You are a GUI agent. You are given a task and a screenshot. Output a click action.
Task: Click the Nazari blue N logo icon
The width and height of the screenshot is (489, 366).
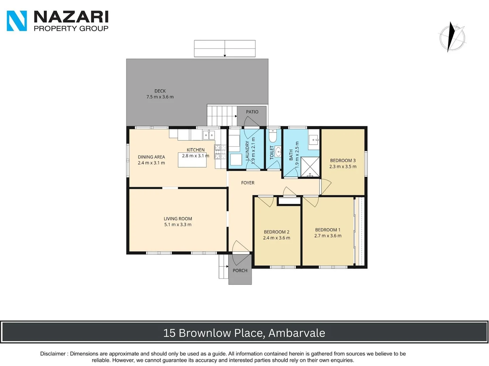click(17, 21)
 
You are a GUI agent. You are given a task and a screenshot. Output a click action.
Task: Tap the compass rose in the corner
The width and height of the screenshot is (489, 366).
click(452, 37)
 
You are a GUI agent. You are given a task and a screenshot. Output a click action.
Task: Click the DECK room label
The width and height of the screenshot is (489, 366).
click(160, 91)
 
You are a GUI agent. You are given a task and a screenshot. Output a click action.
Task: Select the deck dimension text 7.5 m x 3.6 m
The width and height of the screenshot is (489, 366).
click(160, 97)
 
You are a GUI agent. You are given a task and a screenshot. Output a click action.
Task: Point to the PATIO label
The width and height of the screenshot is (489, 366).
click(252, 112)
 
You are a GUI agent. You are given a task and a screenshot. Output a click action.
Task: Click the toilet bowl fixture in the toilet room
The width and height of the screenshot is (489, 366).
click(273, 136)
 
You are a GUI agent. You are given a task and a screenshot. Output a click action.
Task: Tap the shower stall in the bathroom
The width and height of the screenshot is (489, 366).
click(310, 167)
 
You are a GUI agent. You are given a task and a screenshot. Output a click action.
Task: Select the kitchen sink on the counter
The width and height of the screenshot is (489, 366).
click(209, 135)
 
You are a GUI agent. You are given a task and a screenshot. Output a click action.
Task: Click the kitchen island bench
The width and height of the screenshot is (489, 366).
click(192, 160)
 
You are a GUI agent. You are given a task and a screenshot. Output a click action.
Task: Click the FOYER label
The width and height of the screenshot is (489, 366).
click(248, 183)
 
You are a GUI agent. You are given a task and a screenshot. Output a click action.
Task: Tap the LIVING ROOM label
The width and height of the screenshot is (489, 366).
click(178, 219)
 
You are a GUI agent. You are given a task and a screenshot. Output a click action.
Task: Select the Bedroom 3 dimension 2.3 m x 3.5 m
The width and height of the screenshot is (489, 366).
click(343, 166)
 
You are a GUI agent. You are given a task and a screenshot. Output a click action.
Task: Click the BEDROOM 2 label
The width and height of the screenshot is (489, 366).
click(276, 232)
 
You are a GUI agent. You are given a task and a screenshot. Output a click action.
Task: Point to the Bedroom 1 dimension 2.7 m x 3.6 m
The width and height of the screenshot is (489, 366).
click(328, 236)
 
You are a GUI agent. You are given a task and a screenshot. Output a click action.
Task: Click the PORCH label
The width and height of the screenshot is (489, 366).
click(240, 270)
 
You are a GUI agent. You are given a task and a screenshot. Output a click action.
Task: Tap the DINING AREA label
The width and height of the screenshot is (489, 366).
click(151, 157)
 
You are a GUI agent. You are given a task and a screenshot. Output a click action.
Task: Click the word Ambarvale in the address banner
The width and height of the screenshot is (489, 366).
click(296, 333)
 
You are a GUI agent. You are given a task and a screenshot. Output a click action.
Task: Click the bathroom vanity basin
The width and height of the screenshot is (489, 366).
click(314, 139)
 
